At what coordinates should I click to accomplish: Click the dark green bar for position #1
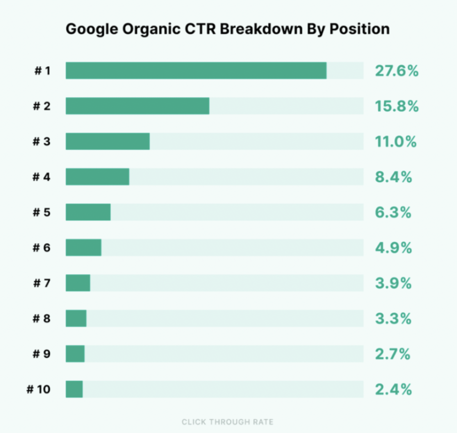196,71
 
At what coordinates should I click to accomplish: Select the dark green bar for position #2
137,106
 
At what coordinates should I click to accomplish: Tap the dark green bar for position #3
108,141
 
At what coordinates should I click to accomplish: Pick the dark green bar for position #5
88,212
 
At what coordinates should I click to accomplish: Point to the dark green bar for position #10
74,389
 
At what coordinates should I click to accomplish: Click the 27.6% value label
397,71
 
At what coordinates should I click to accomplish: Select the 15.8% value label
397,107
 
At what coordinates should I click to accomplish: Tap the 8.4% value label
393,177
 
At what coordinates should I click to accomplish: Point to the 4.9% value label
393,248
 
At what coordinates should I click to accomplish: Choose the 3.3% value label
393,319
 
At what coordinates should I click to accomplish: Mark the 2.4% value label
393,390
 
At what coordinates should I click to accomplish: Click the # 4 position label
42,177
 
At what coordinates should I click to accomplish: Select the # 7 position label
42,283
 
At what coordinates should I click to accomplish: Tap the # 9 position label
42,354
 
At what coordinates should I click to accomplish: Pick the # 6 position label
42,247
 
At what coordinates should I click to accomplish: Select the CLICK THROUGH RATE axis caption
228,422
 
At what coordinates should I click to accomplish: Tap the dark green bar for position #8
76,319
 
